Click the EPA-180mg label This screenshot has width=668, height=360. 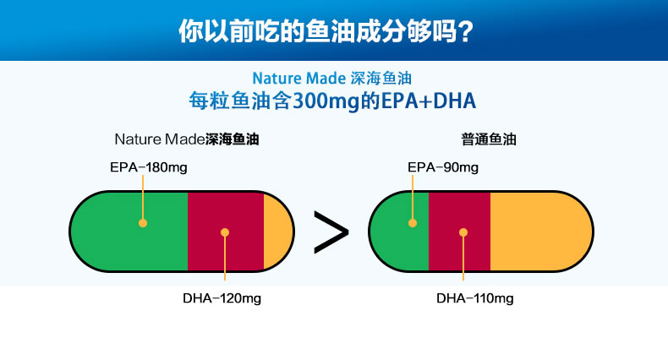[149, 167]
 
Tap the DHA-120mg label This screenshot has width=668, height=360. [222, 298]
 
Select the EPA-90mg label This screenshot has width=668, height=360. [443, 167]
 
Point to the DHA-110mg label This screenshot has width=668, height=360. [475, 298]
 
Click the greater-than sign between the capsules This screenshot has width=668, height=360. [331, 232]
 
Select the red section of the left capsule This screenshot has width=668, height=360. [226, 232]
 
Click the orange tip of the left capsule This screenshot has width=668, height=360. [277, 232]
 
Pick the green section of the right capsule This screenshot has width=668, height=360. [401, 232]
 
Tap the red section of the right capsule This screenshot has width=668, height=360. [459, 232]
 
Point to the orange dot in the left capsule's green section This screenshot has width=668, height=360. [143, 223]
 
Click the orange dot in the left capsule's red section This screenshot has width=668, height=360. [225, 232]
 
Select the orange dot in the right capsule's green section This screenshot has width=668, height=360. [413, 223]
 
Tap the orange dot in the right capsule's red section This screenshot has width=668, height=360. [463, 232]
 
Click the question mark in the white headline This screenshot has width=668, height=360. [466, 30]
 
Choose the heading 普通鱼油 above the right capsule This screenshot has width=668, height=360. [489, 139]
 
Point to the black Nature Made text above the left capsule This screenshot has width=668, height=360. [160, 139]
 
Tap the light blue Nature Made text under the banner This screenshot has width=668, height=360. [299, 79]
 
